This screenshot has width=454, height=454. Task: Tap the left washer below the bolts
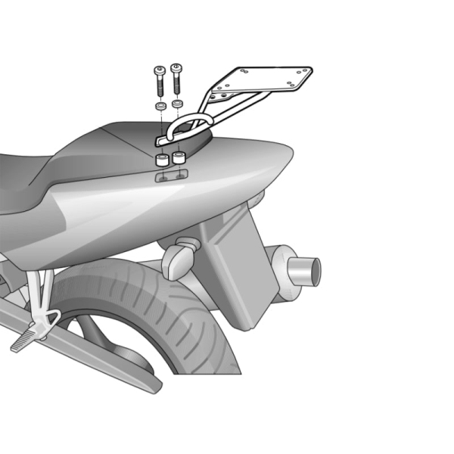click(160, 106)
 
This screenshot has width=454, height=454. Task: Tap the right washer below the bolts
click(178, 102)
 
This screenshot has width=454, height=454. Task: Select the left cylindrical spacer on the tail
click(161, 160)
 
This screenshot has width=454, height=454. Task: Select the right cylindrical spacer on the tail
click(179, 158)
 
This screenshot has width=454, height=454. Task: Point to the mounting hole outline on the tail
click(170, 176)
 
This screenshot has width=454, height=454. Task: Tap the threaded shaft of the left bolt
click(160, 86)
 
